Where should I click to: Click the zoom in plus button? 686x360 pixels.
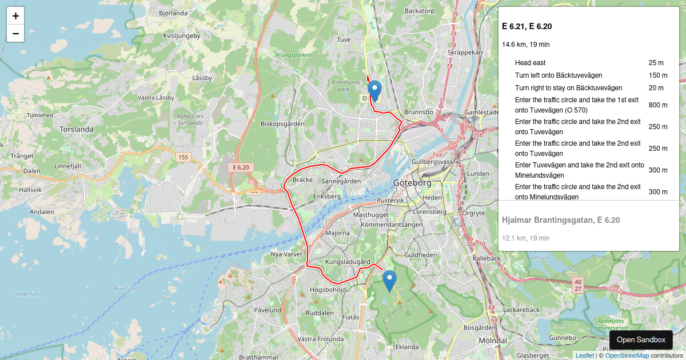pyautogui.click(x=15, y=16)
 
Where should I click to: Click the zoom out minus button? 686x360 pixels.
pyautogui.click(x=15, y=34)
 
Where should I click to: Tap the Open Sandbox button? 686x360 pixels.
pyautogui.click(x=641, y=339)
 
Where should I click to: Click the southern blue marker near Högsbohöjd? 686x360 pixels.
pyautogui.click(x=389, y=281)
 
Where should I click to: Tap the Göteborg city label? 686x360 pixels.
pyautogui.click(x=412, y=183)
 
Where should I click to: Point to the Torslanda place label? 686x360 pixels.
pyautogui.click(x=77, y=129)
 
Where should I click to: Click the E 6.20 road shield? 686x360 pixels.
pyautogui.click(x=241, y=167)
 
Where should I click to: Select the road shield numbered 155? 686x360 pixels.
pyautogui.click(x=183, y=157)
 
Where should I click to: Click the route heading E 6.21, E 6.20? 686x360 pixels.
pyautogui.click(x=527, y=26)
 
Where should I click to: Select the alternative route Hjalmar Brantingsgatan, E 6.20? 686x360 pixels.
pyautogui.click(x=561, y=220)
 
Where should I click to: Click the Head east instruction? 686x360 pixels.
pyautogui.click(x=530, y=63)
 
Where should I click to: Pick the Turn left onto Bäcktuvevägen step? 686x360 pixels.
pyautogui.click(x=558, y=75)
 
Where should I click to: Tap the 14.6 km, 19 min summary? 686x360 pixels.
pyautogui.click(x=525, y=45)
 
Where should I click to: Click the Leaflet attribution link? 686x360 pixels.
pyautogui.click(x=584, y=355)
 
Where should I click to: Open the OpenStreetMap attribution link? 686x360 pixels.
pyautogui.click(x=627, y=355)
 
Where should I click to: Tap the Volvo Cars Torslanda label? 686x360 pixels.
pyautogui.click(x=190, y=119)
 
